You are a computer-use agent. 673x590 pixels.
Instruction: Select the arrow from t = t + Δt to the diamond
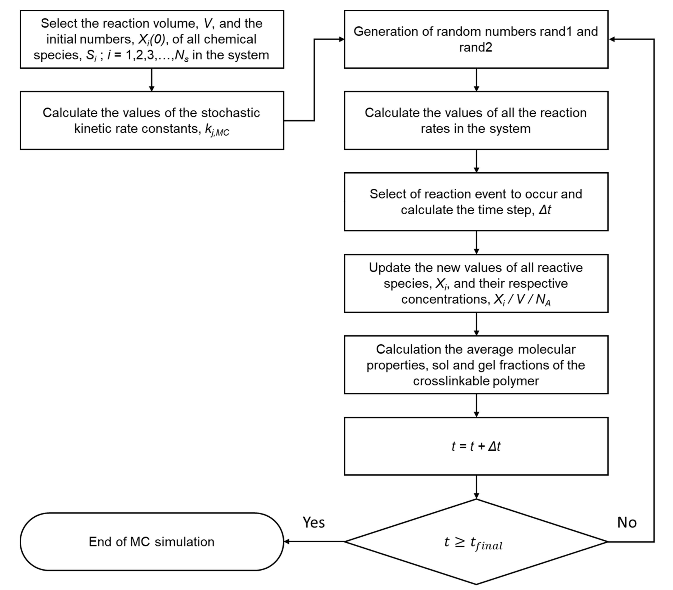pyautogui.click(x=476, y=487)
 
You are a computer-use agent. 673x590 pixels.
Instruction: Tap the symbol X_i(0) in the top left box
pyautogui.click(x=151, y=39)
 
